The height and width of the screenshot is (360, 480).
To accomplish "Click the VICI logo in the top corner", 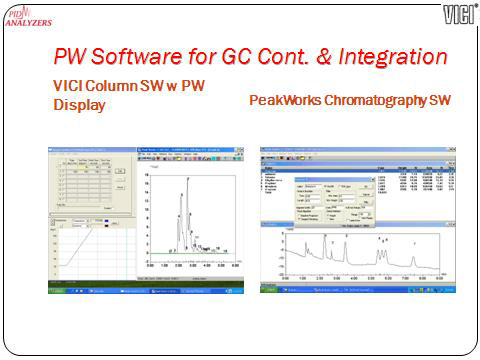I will coord(458,14).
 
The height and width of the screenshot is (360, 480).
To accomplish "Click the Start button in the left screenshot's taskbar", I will coord(57,291).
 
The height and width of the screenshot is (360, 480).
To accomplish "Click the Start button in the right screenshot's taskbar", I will coord(267,292).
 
